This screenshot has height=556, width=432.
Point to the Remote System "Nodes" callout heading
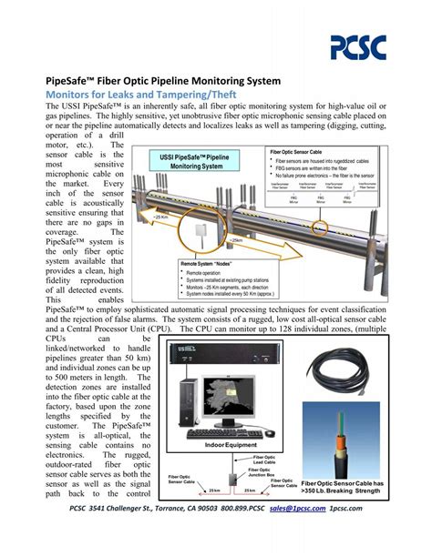click(211, 264)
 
